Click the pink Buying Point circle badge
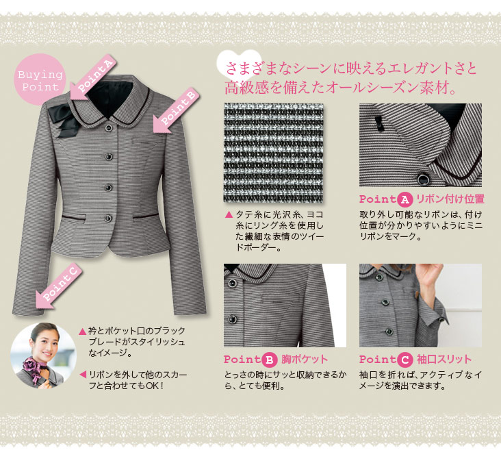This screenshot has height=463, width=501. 40,79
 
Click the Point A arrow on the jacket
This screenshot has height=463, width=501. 92,77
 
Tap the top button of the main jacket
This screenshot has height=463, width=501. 110,128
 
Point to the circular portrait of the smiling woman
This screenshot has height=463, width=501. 43,355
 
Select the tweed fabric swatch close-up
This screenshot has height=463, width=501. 274,153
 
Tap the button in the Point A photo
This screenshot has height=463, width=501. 424,179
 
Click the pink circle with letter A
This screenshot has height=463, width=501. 404,200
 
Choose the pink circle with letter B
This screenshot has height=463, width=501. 270,360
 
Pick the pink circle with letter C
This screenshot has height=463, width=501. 404,360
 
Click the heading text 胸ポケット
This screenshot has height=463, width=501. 305,360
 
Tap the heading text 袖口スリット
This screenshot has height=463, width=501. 444,360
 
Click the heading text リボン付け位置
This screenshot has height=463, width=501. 450,199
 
